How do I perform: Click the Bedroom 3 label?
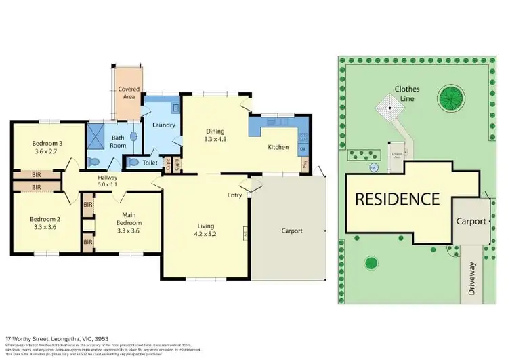(47, 143)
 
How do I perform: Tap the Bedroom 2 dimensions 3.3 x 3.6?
(45, 228)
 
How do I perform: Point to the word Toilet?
(150, 163)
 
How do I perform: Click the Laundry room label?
(164, 125)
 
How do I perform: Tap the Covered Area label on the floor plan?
(129, 93)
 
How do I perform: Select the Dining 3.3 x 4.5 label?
(217, 136)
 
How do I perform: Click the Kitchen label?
(278, 147)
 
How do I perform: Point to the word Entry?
(234, 195)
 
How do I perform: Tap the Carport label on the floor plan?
(292, 231)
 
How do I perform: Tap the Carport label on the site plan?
(471, 221)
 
